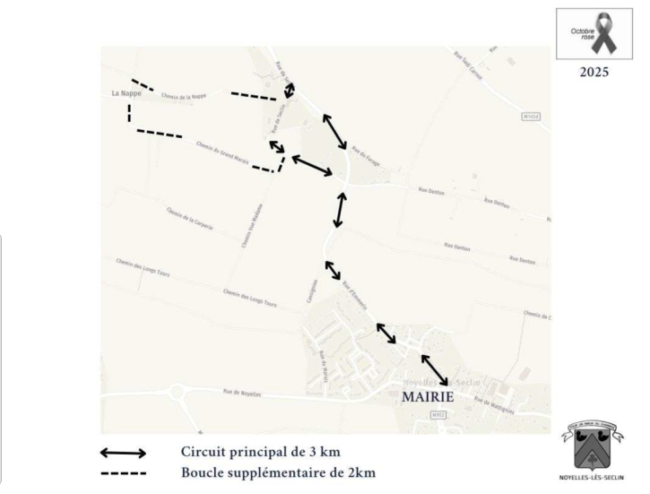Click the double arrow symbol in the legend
tap(124, 453)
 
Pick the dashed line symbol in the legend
tap(124, 472)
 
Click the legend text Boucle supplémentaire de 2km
tap(278, 472)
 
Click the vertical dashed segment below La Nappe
tap(130, 112)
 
